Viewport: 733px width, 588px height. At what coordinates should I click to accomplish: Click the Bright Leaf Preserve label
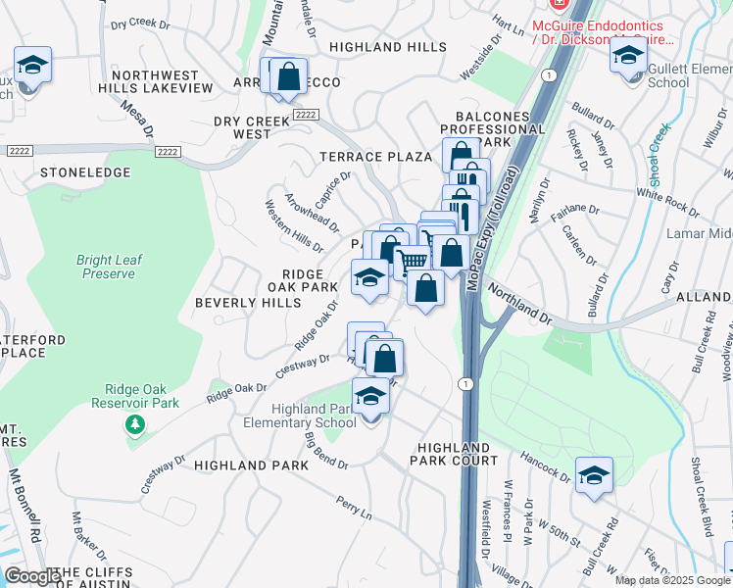click(108, 267)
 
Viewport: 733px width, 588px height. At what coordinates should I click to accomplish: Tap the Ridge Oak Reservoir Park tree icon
click(134, 424)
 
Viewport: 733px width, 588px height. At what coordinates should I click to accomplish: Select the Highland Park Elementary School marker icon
click(370, 397)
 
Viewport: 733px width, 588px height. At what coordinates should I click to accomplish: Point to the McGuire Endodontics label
click(602, 32)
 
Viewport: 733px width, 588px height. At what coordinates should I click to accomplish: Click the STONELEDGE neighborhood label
click(85, 172)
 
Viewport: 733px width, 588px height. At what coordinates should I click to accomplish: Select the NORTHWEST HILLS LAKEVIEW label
click(162, 81)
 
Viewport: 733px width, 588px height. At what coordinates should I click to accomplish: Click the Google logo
click(32, 576)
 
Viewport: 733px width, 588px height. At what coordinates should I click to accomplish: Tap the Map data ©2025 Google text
click(671, 580)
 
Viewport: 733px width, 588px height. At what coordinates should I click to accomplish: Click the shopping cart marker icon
click(413, 261)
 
